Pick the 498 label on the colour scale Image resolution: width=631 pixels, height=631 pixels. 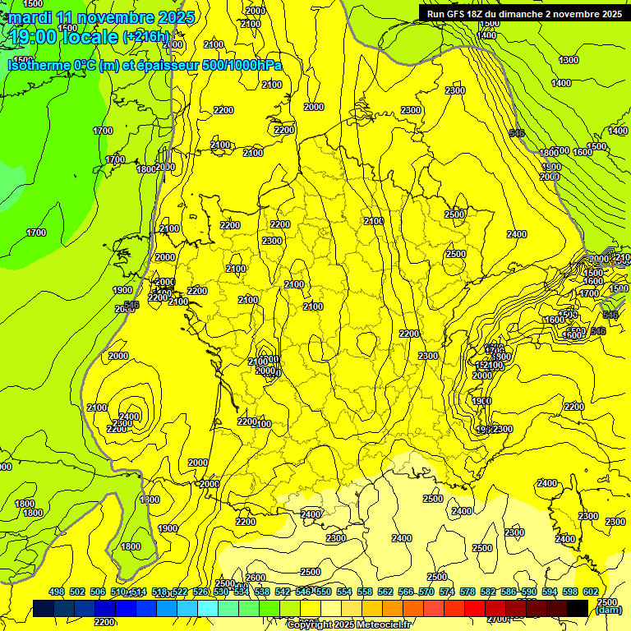pos(57,592)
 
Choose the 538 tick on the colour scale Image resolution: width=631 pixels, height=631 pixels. pos(262,592)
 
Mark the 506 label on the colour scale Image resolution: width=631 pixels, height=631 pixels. pos(98,592)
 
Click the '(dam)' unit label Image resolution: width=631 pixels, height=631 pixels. pos(609,610)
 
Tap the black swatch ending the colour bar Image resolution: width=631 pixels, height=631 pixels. pos(578,608)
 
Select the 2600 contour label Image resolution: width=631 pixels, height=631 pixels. pos(256,578)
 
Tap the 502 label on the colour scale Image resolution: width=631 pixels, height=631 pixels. pos(77,592)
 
